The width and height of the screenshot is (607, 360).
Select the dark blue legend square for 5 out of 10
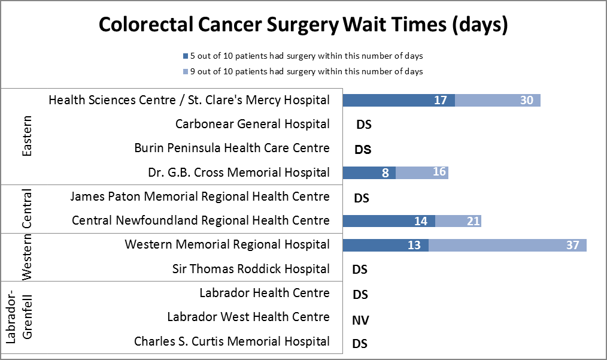click(x=186, y=56)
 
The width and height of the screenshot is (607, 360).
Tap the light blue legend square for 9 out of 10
click(x=186, y=71)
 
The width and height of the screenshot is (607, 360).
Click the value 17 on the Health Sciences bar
click(x=441, y=101)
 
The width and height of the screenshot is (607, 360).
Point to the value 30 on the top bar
click(x=526, y=101)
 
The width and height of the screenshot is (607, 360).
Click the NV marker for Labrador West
click(x=360, y=320)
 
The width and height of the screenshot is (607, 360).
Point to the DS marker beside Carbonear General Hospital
click(x=363, y=125)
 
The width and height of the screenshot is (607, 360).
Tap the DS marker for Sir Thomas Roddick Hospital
click(x=360, y=270)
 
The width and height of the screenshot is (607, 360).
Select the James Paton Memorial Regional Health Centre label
click(x=199, y=196)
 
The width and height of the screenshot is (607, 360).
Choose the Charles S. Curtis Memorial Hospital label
click(x=232, y=341)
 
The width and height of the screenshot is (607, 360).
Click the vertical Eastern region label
click(x=27, y=137)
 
